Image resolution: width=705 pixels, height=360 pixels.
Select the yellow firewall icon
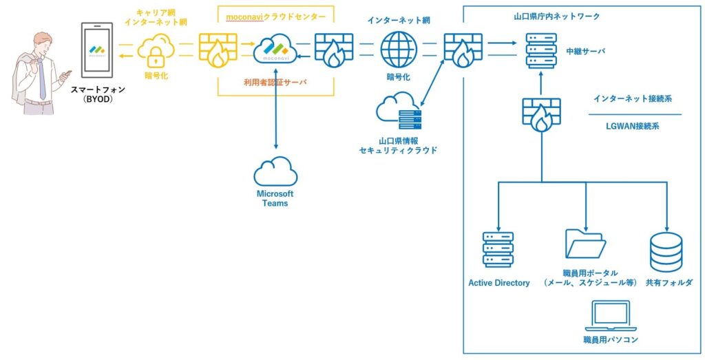click(217, 50)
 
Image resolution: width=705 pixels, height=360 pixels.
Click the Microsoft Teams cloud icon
click(275, 171)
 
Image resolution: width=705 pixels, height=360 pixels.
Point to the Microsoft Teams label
click(275, 199)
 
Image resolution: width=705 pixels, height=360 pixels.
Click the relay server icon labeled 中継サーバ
click(540, 50)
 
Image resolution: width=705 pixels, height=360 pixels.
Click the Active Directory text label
click(499, 283)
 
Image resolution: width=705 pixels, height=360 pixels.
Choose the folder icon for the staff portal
click(585, 243)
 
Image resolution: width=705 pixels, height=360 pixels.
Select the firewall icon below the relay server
click(541, 114)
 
